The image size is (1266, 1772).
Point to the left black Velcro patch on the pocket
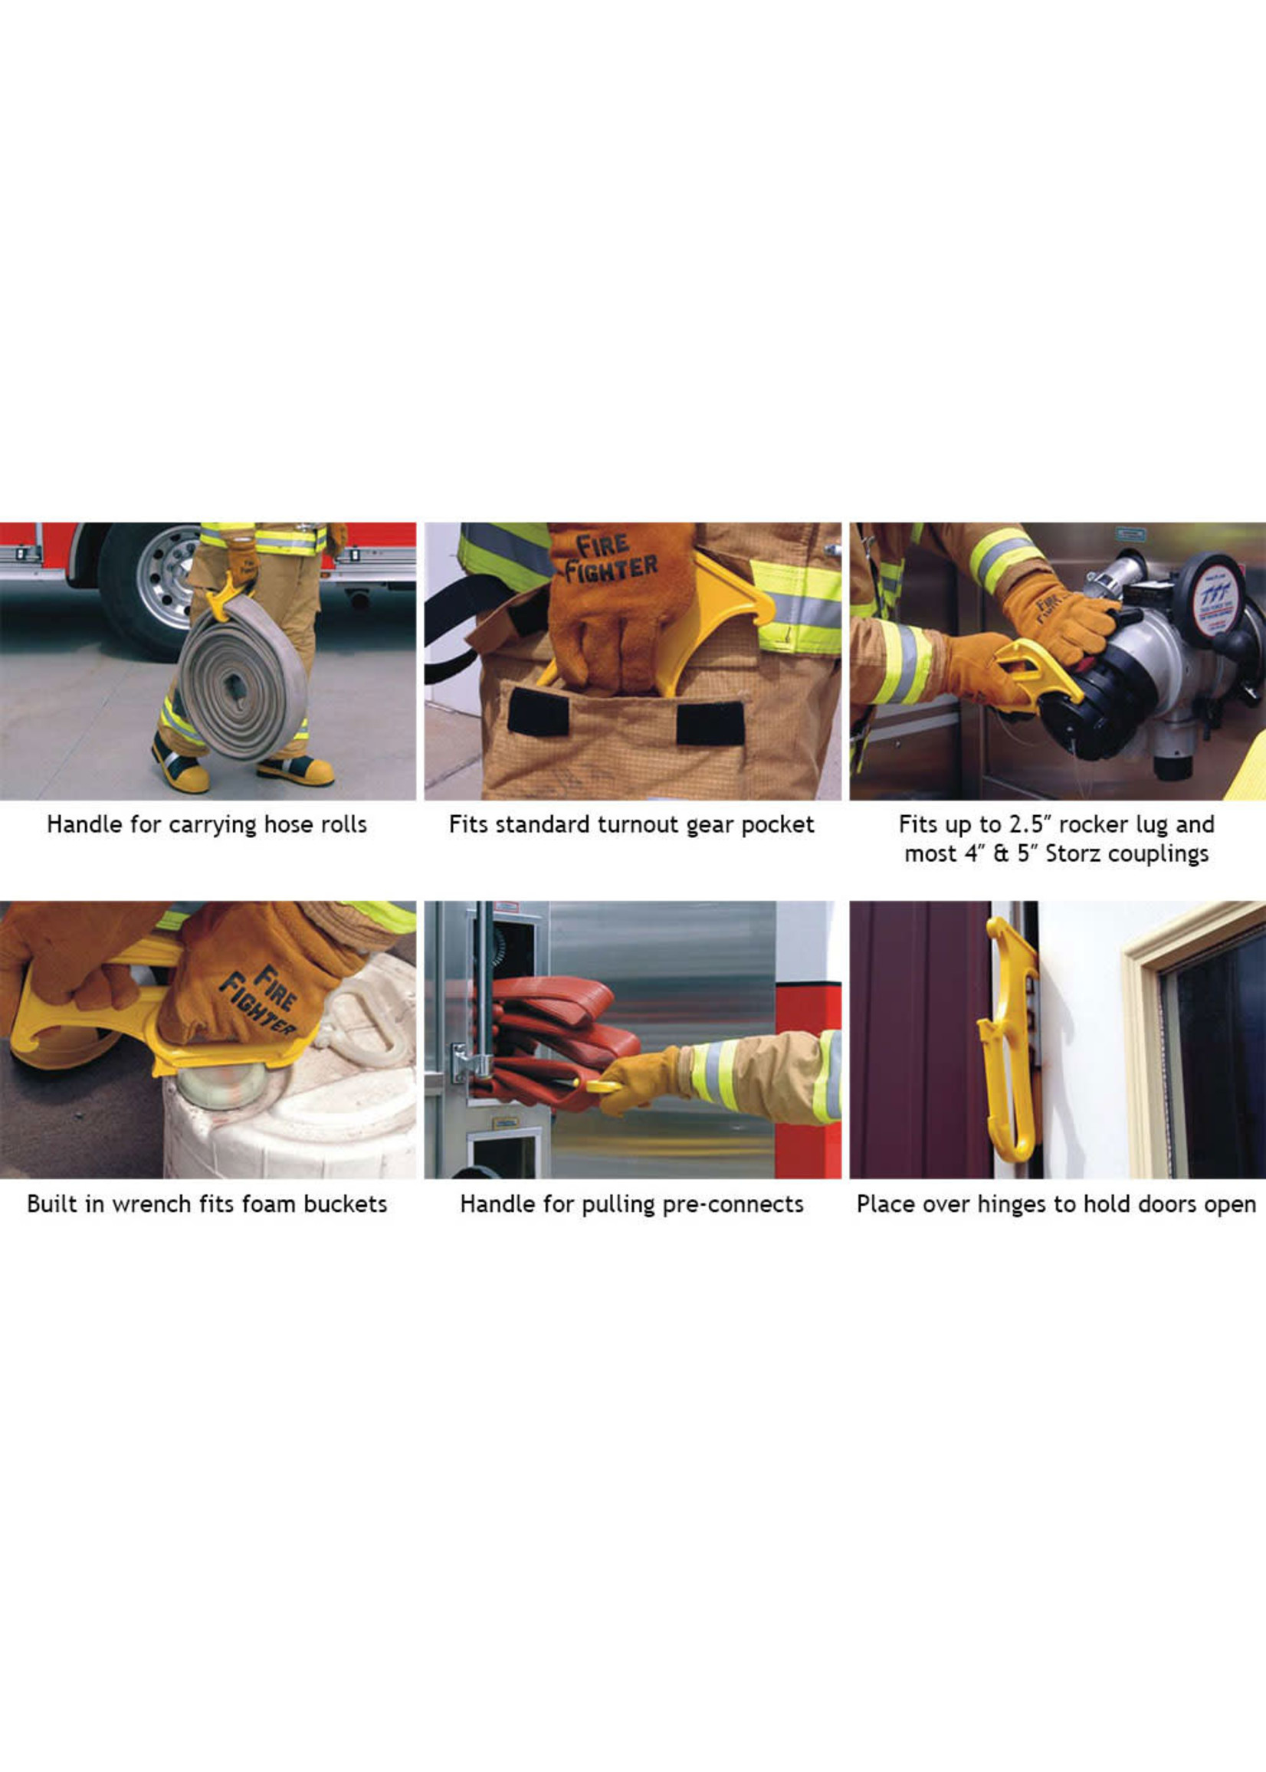(x=538, y=711)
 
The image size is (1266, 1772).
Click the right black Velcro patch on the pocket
(x=710, y=722)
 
